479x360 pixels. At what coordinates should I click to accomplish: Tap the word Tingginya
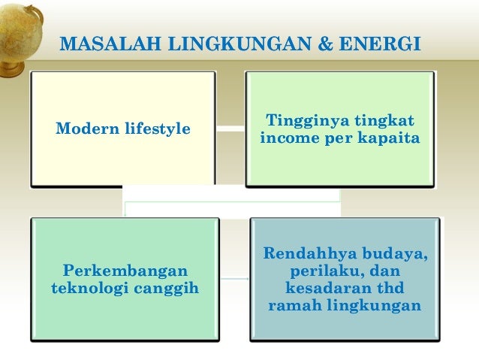[301, 121]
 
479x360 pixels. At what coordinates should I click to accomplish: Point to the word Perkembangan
[125, 270]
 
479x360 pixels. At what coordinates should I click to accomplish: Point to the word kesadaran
[327, 288]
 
